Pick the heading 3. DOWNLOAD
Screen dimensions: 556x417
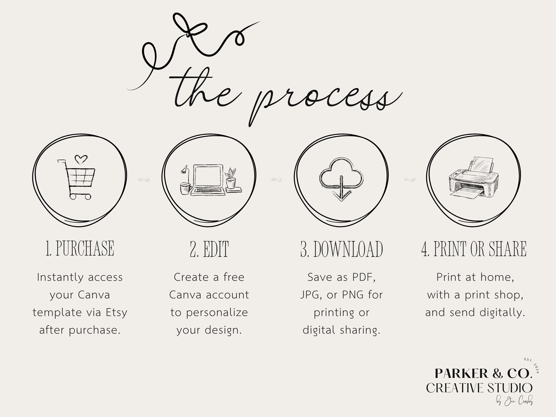[x=342, y=249]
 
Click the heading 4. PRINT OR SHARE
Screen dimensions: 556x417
[x=474, y=249]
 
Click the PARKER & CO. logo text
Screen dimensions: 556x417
[x=484, y=373]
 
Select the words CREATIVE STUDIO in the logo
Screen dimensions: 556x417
[x=479, y=388]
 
